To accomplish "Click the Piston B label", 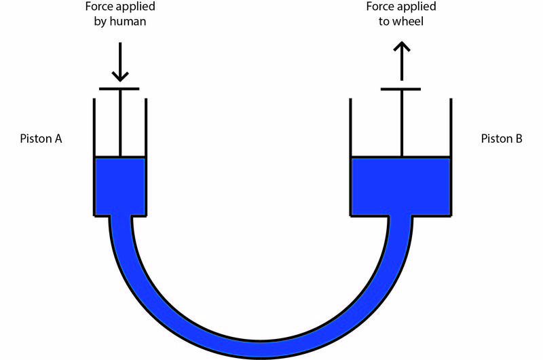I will coord(501,139).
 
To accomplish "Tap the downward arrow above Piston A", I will coord(119,62).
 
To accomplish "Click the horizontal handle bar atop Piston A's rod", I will coord(119,89).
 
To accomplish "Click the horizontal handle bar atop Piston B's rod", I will coord(401,89).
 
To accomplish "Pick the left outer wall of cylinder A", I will coord(94,156).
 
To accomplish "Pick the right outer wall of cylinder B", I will coord(451,156).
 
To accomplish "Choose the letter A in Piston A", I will coord(58,139).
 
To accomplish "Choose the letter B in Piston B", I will coord(518,139).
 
